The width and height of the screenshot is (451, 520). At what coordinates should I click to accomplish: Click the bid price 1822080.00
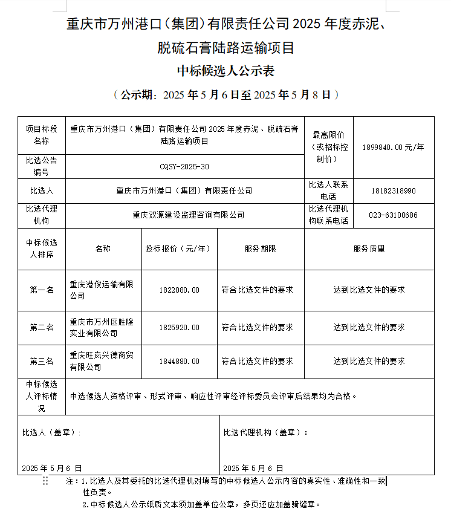click(x=179, y=290)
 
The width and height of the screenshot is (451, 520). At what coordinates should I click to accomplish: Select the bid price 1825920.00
click(x=179, y=328)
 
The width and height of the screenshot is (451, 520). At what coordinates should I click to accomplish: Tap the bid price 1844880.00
click(x=179, y=362)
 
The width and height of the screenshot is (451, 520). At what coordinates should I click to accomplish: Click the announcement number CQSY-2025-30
click(x=184, y=167)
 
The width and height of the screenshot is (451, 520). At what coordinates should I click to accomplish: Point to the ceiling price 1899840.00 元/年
click(x=394, y=147)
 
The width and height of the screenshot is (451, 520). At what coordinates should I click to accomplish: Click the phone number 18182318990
click(x=394, y=191)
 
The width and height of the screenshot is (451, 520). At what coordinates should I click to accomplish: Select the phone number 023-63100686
click(x=394, y=215)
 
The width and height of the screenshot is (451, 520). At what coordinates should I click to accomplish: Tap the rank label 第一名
click(x=42, y=290)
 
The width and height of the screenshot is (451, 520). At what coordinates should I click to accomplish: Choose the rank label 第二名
click(x=42, y=328)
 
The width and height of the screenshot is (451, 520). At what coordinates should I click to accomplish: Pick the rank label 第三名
click(x=42, y=362)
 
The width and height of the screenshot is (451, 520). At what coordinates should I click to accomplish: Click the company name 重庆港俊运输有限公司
click(x=102, y=290)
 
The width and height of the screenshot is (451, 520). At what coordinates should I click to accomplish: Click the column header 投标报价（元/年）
click(x=179, y=249)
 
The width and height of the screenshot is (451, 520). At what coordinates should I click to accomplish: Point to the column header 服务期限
click(x=260, y=249)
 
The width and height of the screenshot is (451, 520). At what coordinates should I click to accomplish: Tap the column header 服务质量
click(x=369, y=249)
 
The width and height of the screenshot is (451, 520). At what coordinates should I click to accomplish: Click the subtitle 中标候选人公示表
click(x=225, y=71)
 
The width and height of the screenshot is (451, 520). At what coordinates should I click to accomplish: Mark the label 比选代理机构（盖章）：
click(x=265, y=433)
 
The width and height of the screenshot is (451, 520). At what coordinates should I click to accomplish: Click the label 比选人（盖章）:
click(x=51, y=433)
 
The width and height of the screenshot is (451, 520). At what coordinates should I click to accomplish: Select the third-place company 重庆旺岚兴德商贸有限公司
click(x=102, y=362)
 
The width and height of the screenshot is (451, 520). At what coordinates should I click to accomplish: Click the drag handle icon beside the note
click(x=45, y=481)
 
